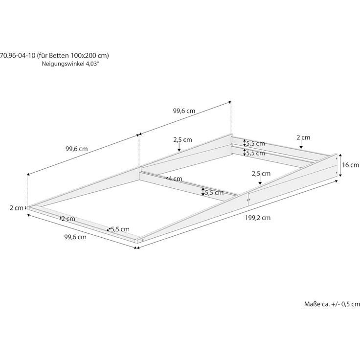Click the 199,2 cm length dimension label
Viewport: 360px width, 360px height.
(258, 218)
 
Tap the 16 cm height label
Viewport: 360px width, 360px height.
(350, 165)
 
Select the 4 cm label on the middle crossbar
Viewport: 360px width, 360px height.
(176, 179)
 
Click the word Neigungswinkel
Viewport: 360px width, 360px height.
(63, 64)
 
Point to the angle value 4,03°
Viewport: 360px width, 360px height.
(92, 64)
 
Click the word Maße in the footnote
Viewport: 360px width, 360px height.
(312, 304)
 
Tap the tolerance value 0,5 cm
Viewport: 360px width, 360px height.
(351, 304)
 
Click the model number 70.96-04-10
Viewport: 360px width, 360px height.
(18, 55)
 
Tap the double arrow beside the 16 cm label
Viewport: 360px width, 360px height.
(340, 165)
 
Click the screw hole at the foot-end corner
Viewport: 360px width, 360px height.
(142, 240)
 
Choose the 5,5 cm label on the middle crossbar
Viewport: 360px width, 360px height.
(214, 192)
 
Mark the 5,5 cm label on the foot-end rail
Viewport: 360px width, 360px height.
(120, 229)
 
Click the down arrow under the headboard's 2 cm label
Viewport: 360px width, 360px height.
(301, 144)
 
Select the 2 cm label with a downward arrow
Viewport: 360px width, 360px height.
(303, 137)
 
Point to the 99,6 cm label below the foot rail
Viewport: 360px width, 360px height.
(75, 237)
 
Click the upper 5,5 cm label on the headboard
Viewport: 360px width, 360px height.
(255, 143)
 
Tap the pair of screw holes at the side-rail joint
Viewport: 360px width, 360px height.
(248, 200)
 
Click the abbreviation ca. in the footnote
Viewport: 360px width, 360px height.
(325, 304)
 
